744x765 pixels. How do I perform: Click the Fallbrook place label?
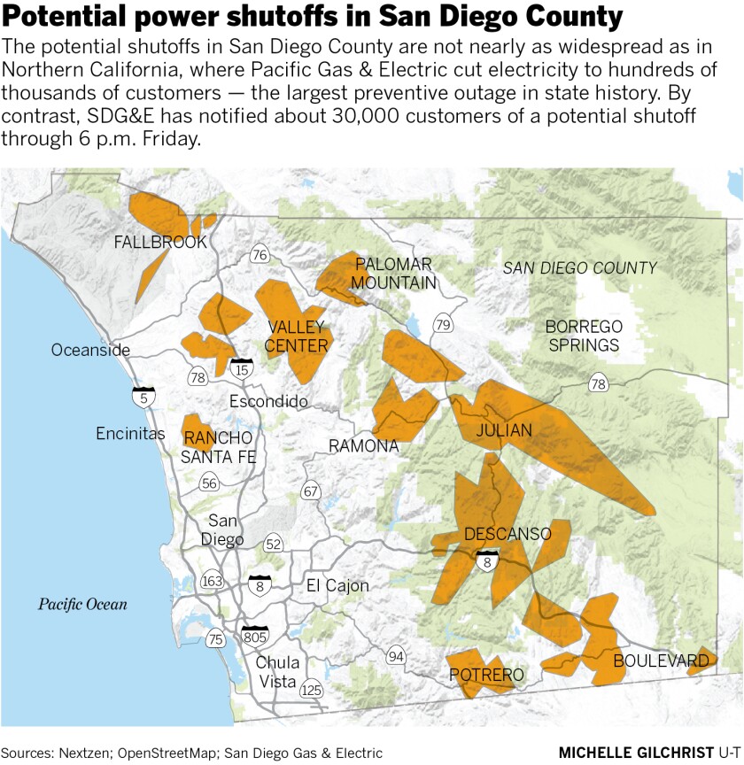[160, 242]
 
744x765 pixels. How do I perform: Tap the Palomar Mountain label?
[394, 274]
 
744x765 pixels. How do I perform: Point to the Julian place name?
[503, 431]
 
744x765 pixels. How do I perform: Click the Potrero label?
[487, 676]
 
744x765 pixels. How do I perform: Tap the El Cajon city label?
[337, 585]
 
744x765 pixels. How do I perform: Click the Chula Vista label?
[278, 672]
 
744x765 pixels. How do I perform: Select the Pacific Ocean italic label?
[82, 605]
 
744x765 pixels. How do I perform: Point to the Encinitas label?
[131, 434]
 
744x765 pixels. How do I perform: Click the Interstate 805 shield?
[255, 636]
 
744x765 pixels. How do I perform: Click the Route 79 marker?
[442, 324]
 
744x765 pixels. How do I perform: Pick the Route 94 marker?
[395, 656]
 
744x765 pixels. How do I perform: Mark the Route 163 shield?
[213, 581]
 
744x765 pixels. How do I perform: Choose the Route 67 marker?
[310, 491]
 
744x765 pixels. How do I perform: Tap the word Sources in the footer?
[28, 753]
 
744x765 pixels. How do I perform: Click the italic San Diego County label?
[579, 267]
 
